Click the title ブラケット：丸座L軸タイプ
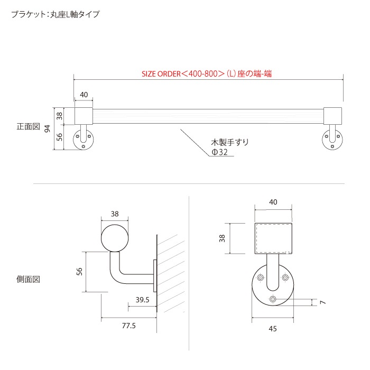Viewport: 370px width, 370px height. (x=55, y=14)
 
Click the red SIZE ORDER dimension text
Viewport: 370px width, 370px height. (x=207, y=74)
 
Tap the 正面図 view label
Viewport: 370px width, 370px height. (x=28, y=126)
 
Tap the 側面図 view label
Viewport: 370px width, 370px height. (x=28, y=279)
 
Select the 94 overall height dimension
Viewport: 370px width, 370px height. (x=48, y=128)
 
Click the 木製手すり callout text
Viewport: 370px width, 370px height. (x=229, y=142)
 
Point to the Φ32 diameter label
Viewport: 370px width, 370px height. (x=219, y=152)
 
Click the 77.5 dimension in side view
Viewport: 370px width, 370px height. (x=129, y=326)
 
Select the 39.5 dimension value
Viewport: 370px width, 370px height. (x=142, y=300)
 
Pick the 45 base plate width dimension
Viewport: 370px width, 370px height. (x=273, y=329)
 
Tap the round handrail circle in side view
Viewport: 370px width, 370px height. (x=115, y=238)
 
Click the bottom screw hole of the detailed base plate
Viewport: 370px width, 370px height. (x=273, y=299)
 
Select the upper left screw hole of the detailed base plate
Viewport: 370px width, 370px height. (x=261, y=277)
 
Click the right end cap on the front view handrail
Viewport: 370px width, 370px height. (x=332, y=116)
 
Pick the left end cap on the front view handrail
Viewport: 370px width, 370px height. (x=84, y=116)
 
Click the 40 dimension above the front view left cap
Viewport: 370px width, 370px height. (x=84, y=95)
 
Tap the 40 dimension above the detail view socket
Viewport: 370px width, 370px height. (x=273, y=202)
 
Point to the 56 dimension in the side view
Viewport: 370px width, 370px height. (x=79, y=271)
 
